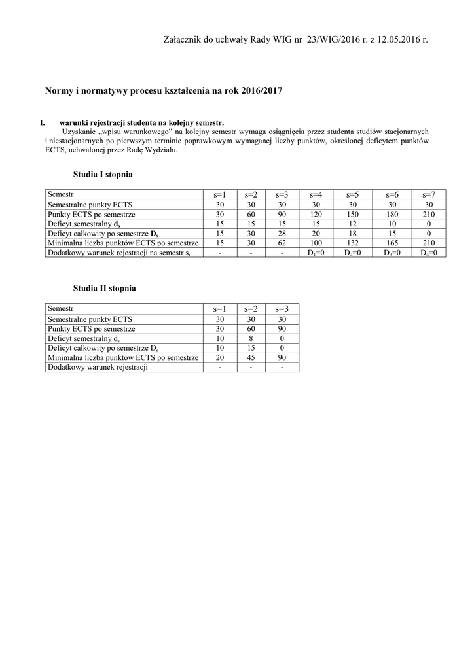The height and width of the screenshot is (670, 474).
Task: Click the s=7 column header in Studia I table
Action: coord(429,194)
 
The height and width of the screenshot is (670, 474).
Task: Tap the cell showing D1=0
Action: coord(316,252)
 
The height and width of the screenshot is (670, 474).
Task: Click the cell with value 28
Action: coord(282,233)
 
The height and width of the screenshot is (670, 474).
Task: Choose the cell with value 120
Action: coord(316,214)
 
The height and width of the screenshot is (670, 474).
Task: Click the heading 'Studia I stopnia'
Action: coord(103,175)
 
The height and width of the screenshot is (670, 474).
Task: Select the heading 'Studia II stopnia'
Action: coord(105,288)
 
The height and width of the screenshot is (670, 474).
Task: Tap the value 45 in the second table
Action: coord(251,358)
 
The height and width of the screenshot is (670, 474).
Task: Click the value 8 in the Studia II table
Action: coord(251,339)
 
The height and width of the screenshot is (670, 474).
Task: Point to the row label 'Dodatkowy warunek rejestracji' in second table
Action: coord(98,367)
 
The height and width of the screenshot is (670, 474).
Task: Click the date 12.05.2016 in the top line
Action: coord(399,41)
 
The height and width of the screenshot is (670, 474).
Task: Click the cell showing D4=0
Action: coord(429,252)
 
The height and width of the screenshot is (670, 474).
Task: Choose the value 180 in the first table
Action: coord(392,214)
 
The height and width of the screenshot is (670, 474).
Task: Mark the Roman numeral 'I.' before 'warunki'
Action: coord(43,122)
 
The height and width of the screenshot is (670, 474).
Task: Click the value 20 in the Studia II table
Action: coord(220,358)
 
